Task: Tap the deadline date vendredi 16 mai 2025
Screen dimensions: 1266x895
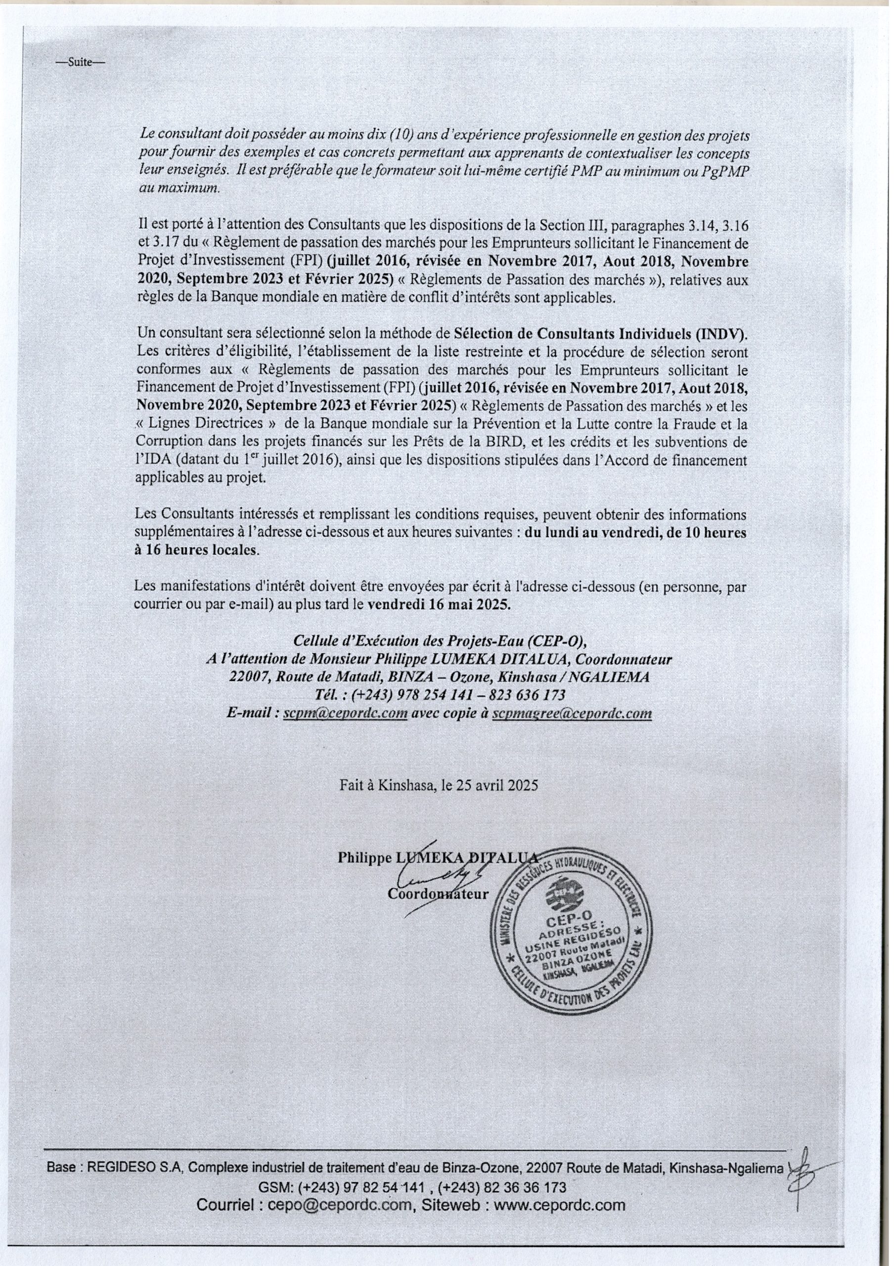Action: tap(439, 603)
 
